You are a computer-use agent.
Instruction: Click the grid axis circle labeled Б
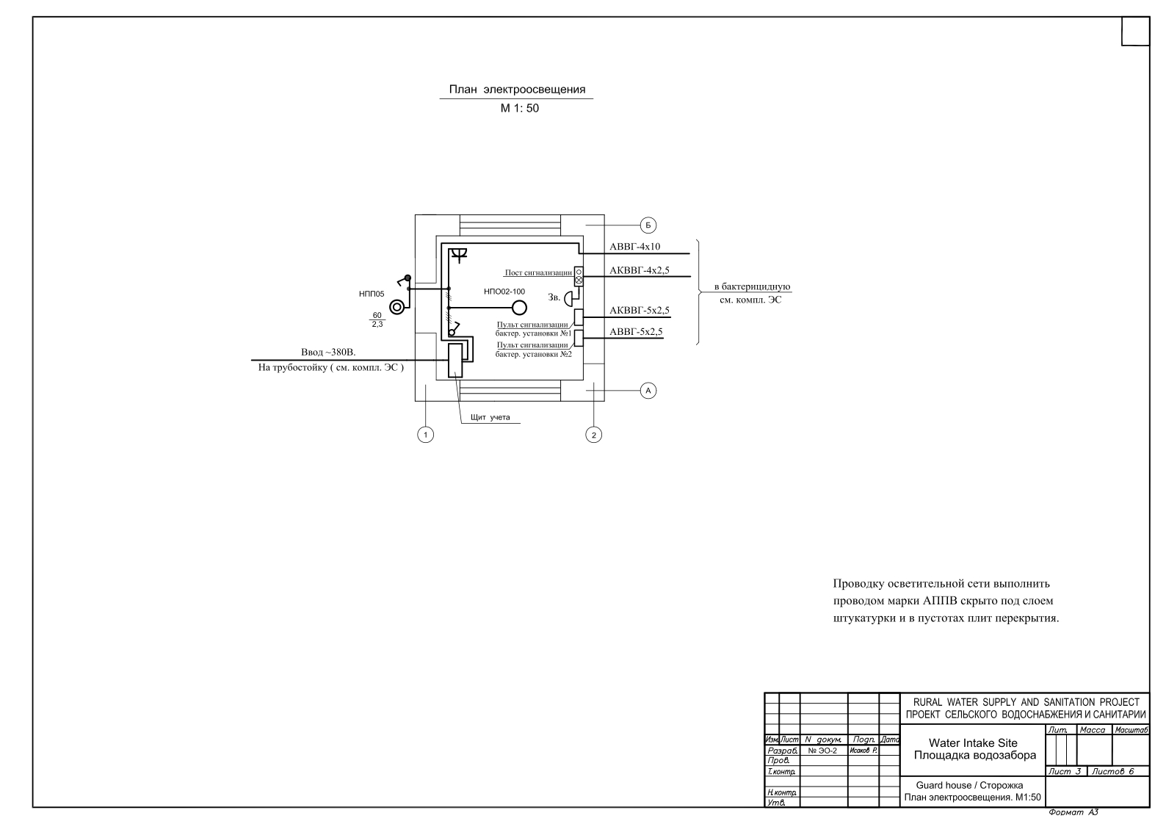648,225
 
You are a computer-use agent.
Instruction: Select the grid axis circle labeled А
648,391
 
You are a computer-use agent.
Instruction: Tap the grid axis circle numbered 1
426,435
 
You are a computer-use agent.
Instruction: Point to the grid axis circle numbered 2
594,435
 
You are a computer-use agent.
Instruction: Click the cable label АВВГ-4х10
634,247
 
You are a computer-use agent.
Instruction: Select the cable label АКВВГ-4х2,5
640,270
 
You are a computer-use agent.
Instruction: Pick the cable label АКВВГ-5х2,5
640,311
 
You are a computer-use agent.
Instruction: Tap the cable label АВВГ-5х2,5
636,332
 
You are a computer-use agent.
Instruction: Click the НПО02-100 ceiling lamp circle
520,308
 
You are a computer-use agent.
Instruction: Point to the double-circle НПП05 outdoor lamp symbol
397,307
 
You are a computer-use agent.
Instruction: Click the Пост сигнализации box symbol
579,276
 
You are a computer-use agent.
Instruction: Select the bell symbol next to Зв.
569,298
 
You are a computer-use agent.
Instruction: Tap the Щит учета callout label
490,417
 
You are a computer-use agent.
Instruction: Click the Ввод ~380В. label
328,353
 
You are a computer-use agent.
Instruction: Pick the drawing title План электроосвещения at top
517,90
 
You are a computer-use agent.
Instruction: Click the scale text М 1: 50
520,108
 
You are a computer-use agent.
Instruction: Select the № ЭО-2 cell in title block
823,751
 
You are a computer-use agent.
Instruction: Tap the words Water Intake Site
973,742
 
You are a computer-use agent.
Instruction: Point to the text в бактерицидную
752,287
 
